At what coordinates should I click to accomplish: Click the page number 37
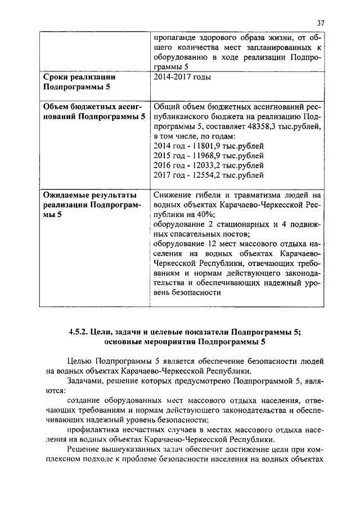pos(321,23)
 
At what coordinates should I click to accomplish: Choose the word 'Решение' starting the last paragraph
pos(83,449)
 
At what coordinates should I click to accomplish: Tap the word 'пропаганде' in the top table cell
pos(175,38)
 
